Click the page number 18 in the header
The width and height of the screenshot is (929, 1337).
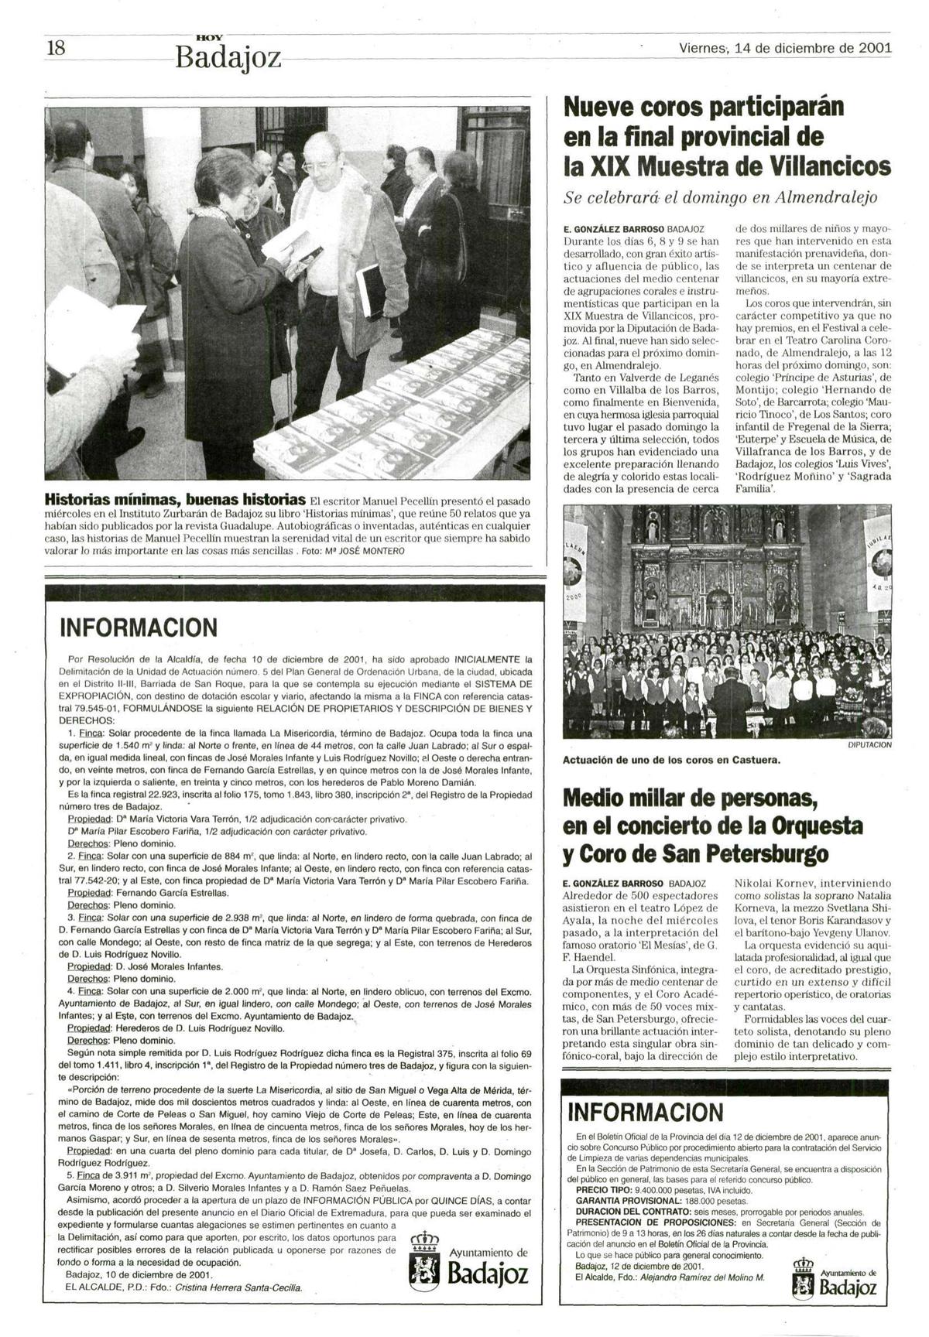point(56,48)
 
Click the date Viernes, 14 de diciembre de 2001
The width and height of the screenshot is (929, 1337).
point(785,48)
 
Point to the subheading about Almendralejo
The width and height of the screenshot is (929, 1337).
point(721,197)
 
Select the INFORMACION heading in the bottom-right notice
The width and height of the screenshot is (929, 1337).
point(645,1113)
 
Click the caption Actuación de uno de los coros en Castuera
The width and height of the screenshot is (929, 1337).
point(672,759)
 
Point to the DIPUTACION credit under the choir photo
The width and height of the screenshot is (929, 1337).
point(869,745)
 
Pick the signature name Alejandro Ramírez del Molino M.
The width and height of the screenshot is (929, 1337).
point(698,1277)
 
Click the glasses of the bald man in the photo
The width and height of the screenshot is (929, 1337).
point(319,166)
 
